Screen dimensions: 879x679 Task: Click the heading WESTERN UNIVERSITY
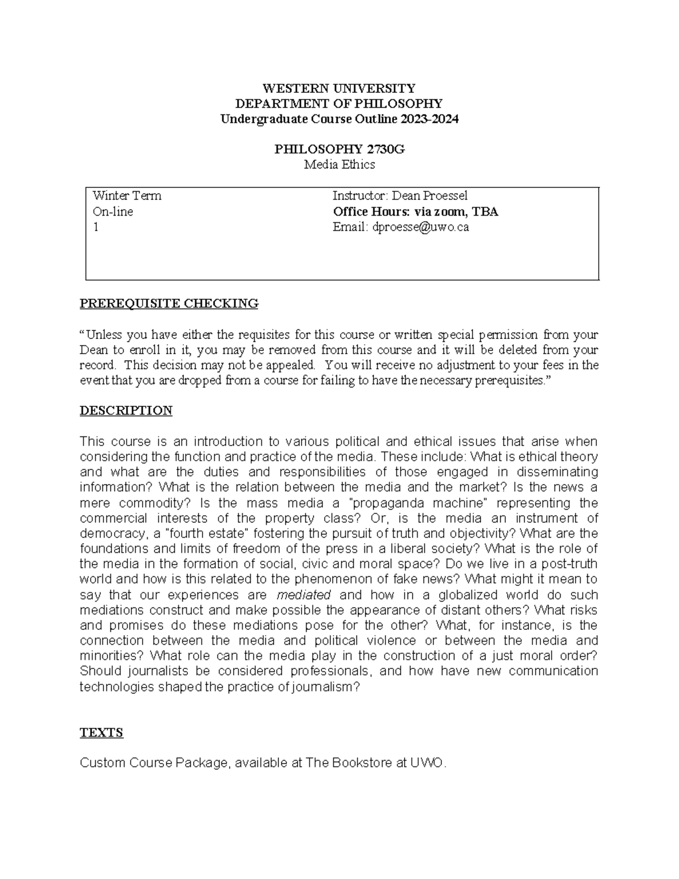click(x=339, y=88)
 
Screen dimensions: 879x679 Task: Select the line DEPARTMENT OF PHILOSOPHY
click(x=339, y=104)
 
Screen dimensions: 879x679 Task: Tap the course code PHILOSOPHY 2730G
click(x=339, y=149)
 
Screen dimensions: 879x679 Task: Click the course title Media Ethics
click(x=339, y=165)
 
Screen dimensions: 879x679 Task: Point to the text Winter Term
click(x=127, y=196)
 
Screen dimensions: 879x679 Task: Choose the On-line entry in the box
click(x=113, y=212)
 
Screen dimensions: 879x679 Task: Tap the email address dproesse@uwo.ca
click(x=420, y=228)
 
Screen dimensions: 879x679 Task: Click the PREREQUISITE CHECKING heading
click(x=169, y=303)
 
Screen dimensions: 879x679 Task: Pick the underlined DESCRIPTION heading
click(x=126, y=410)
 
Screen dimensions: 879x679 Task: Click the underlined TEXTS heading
click(x=101, y=732)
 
